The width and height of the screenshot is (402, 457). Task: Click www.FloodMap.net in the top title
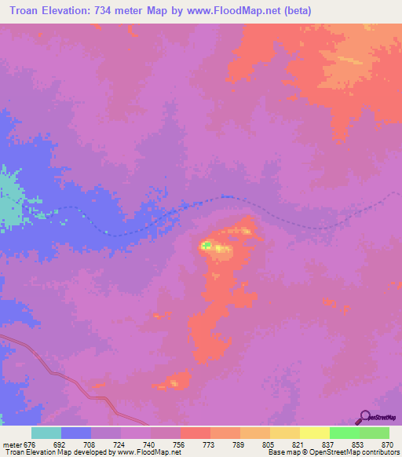click(x=239, y=10)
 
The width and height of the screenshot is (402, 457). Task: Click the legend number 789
click(x=239, y=444)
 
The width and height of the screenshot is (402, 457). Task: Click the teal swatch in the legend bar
click(x=46, y=433)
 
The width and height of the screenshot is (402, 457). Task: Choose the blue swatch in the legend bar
click(x=76, y=433)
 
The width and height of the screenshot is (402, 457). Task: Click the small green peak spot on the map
click(x=205, y=246)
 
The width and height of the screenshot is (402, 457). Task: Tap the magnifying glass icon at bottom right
click(x=364, y=416)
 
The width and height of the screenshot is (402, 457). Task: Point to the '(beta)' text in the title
click(x=298, y=10)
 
